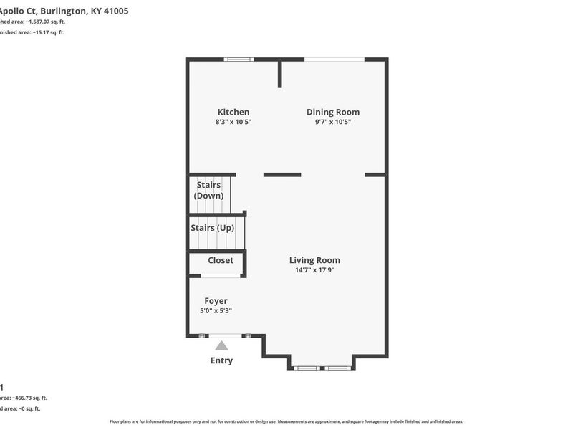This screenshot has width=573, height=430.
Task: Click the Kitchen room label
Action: coord(233,112)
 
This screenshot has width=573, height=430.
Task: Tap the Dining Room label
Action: coord(333,112)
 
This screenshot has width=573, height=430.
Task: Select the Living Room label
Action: coord(314,260)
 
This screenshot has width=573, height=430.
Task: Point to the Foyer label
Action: coord(216,301)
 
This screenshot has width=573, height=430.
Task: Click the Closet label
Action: coord(221,260)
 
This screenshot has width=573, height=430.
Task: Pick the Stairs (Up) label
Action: coord(212,228)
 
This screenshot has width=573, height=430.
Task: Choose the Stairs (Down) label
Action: coord(208,190)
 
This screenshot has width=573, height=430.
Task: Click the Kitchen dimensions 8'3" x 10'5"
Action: coord(233,123)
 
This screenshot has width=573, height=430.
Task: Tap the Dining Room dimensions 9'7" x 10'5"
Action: coord(333,123)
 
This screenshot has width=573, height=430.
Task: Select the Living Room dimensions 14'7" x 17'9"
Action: coord(314,271)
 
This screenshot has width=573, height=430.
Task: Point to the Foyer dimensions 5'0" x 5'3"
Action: coord(216,311)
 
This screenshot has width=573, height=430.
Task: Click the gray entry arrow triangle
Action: coord(221,345)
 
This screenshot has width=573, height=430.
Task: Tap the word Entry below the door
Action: coord(221,360)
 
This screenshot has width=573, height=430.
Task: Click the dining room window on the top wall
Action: coord(334,59)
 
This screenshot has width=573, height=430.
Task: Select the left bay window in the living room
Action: coord(307,368)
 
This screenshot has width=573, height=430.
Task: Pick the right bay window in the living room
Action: coord(337,368)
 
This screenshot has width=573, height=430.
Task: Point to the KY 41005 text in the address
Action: coord(110,11)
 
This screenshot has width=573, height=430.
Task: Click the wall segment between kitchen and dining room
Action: coord(280,74)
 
